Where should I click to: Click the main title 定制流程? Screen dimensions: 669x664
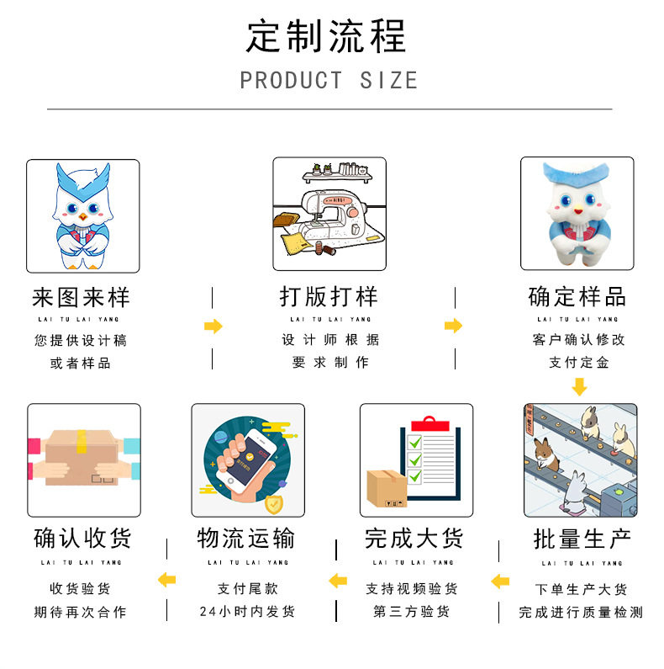click(x=326, y=36)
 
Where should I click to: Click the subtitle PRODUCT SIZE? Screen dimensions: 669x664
click(x=329, y=81)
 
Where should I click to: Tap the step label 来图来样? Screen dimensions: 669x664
click(x=81, y=297)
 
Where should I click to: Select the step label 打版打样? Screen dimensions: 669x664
click(x=329, y=297)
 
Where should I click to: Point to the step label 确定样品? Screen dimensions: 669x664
click(x=577, y=297)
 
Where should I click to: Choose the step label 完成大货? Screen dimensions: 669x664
click(x=414, y=539)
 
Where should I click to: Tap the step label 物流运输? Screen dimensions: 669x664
click(x=246, y=539)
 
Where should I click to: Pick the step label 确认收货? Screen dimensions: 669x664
click(x=82, y=539)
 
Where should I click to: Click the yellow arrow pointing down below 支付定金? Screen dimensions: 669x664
click(x=578, y=387)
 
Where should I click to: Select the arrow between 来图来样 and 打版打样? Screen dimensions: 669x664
click(x=213, y=327)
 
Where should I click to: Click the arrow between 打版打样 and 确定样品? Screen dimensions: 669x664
click(x=454, y=327)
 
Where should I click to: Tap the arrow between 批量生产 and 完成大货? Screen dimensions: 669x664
click(x=500, y=581)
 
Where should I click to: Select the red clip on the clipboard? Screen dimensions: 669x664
click(x=429, y=421)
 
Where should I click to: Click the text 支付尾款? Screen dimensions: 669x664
click(x=247, y=589)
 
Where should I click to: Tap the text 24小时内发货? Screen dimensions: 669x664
click(x=247, y=612)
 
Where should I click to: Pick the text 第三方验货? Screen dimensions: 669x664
click(x=412, y=612)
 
